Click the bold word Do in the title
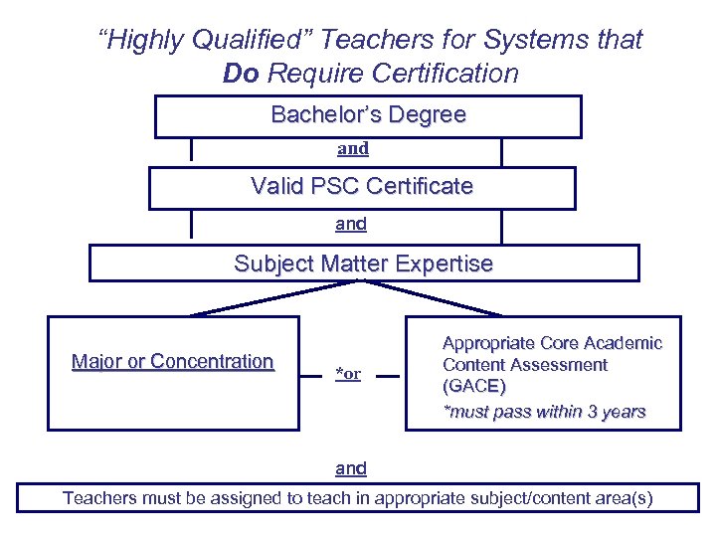point(242,74)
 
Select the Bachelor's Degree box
point(368,115)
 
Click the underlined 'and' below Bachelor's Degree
point(353,148)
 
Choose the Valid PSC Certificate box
point(362,187)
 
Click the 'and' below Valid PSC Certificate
point(351,224)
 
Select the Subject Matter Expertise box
point(364,264)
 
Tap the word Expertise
point(444,264)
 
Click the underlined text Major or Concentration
point(173,361)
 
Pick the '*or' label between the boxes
point(348,374)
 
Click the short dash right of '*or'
point(391,375)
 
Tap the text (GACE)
point(474,387)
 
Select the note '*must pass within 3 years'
point(544,411)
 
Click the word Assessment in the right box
point(559,365)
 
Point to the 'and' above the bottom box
point(351,467)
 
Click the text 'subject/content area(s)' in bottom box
point(562,497)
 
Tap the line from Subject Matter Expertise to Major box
point(273,298)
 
